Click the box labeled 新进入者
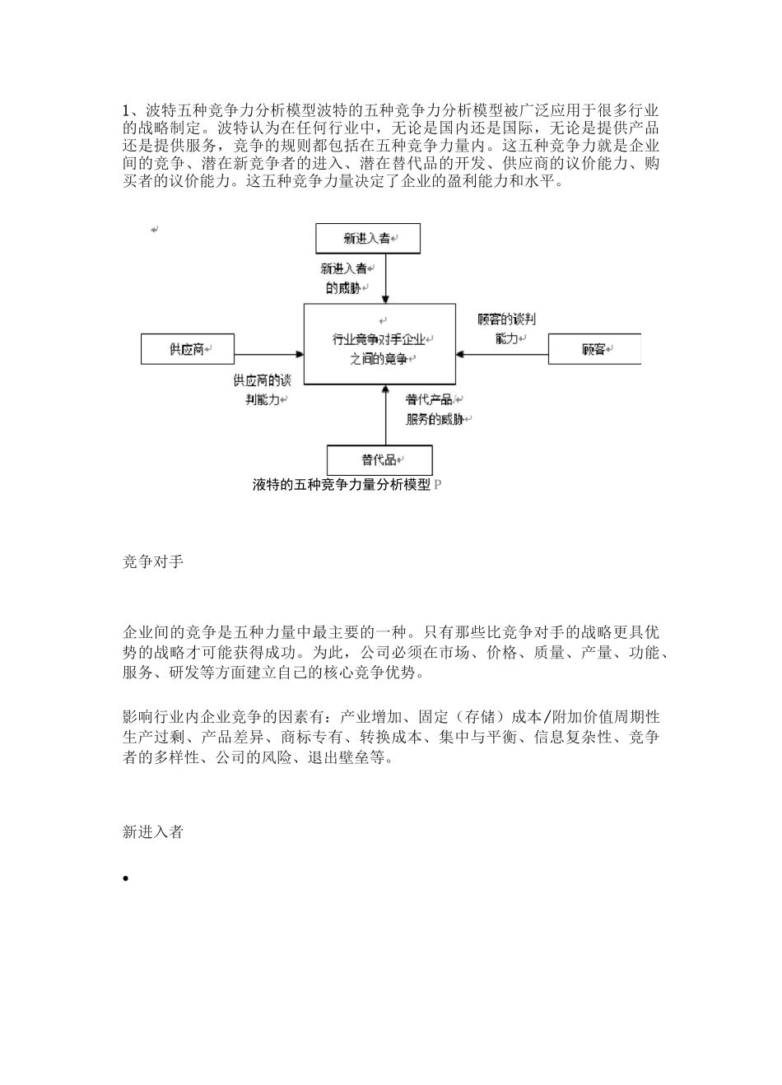pos(368,239)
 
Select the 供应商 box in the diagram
pos(188,349)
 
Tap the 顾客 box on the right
pos(593,349)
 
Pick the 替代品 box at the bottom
pos(379,459)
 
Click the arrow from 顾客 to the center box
pos(502,354)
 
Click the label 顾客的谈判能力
pos(507,328)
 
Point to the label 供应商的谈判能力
pos(262,390)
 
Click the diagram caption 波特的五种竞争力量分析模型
pos(342,485)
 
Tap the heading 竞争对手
pos(153,562)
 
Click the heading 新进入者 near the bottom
pos(153,832)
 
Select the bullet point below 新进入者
pos(126,879)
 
